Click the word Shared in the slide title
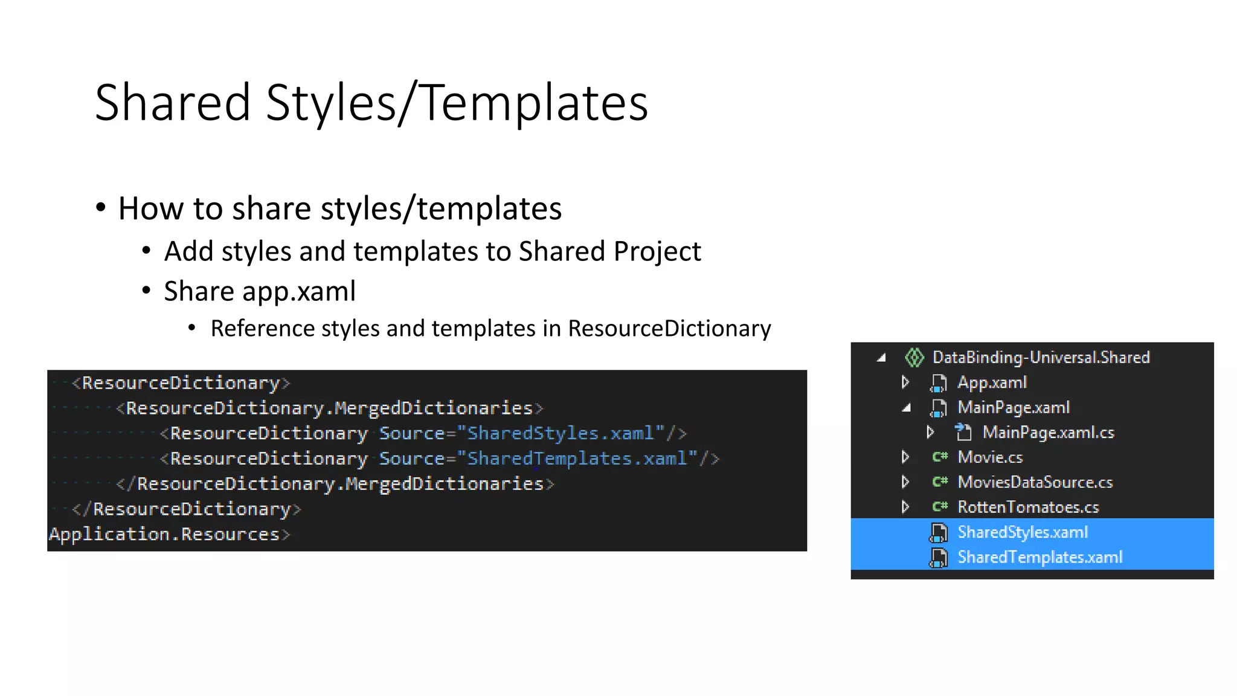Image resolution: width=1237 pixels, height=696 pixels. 173,103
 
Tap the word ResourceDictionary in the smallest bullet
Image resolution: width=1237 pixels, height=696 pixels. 669,329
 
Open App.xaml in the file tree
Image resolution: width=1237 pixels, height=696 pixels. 992,382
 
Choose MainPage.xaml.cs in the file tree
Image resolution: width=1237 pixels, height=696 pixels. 1048,433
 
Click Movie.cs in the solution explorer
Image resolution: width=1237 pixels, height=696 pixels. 990,457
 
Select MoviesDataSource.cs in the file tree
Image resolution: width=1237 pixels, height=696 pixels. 1035,482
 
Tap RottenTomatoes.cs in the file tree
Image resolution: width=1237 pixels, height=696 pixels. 1028,507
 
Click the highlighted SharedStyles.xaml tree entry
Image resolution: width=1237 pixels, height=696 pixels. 1023,532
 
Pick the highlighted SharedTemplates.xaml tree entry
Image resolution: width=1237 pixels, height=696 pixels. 1039,557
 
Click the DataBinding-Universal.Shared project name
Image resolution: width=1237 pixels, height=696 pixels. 1041,358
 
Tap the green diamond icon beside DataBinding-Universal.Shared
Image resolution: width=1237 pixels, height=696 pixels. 914,358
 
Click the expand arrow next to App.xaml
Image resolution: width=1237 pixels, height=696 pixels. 905,382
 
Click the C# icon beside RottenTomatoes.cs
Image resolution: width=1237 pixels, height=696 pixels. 940,507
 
